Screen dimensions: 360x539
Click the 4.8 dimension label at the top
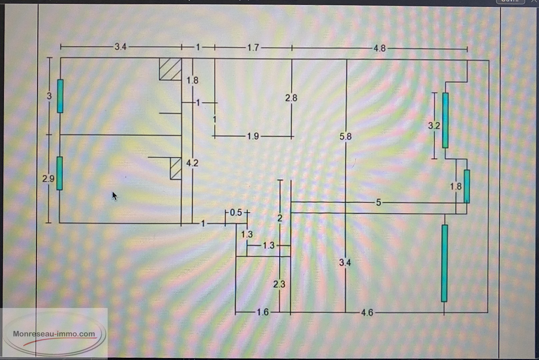point(379,48)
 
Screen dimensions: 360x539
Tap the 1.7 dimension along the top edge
point(253,48)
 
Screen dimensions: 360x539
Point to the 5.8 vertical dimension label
point(346,136)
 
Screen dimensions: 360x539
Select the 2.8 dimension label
point(291,98)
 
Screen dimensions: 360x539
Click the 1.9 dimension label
point(253,136)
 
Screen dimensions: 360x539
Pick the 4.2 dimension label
point(192,163)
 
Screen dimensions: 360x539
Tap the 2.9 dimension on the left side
point(48,179)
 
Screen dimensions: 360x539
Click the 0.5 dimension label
point(236,212)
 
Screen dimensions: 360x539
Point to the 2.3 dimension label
point(279,284)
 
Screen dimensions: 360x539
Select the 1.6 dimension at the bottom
point(263,312)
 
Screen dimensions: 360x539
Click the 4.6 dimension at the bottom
point(367,312)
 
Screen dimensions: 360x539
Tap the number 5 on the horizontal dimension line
point(378,202)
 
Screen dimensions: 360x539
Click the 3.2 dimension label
point(434,126)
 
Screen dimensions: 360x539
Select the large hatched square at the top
point(170,69)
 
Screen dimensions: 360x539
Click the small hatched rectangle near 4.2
point(176,168)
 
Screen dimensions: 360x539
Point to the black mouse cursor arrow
point(114,196)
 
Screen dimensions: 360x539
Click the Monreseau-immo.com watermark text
point(54,334)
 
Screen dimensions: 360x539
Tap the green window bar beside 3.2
point(445,120)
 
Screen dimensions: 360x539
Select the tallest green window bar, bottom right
point(444,263)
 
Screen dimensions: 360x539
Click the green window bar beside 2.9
point(59,173)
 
